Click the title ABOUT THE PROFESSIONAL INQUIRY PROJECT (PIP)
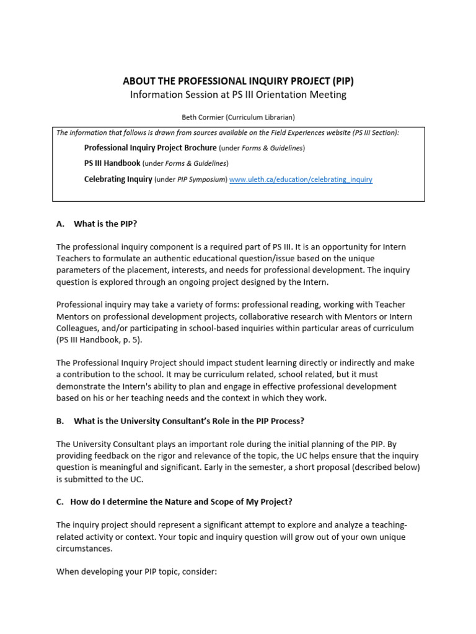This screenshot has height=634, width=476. click(x=238, y=81)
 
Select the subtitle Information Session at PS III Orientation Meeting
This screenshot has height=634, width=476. click(x=238, y=95)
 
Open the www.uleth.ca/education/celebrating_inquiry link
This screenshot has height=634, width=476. click(x=301, y=180)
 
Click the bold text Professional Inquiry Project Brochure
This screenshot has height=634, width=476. click(x=150, y=148)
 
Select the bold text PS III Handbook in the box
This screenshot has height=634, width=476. click(x=112, y=163)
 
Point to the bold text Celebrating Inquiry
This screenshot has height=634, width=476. click(x=118, y=180)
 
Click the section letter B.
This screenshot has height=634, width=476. click(x=60, y=421)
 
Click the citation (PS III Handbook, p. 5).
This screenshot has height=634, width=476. click(x=102, y=340)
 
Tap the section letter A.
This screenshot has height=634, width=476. click(x=60, y=224)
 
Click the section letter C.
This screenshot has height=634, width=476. click(x=60, y=502)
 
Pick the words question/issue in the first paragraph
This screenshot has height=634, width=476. click(x=274, y=258)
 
